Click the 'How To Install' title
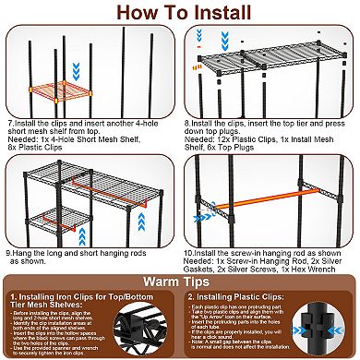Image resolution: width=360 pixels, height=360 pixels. [180, 13]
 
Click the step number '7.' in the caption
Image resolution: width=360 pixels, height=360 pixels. [10, 121]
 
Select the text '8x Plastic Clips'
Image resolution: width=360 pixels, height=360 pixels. [30, 146]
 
